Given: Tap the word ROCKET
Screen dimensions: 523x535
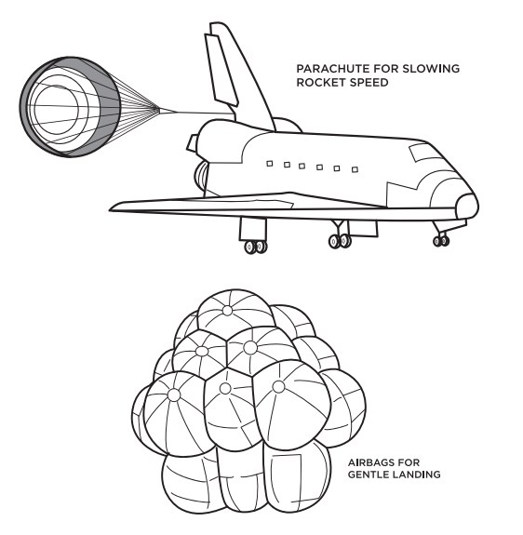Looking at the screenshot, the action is click(318, 83).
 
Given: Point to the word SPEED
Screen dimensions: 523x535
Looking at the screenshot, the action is click(366, 83).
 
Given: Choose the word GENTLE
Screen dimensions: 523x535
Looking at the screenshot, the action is click(369, 475).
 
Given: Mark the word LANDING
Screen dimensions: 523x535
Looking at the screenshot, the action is click(417, 475).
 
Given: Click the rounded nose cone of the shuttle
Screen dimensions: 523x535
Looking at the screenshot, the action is click(467, 206).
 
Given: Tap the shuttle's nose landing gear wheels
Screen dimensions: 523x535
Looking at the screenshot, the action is click(441, 241).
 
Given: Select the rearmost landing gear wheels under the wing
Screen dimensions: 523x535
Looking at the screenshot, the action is click(256, 247).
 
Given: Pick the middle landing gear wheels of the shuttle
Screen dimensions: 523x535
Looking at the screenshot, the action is click(340, 241).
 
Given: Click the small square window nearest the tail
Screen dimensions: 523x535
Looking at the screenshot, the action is click(270, 164).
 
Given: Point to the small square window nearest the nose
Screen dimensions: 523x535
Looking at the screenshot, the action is click(355, 169).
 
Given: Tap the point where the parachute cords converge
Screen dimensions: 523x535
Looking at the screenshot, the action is click(159, 109).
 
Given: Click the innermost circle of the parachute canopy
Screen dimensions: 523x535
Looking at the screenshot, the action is click(56, 109).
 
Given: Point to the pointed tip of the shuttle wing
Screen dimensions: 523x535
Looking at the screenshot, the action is click(111, 208).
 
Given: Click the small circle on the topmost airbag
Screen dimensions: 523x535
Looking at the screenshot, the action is click(227, 311).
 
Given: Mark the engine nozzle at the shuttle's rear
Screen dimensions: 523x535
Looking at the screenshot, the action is click(201, 177).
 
